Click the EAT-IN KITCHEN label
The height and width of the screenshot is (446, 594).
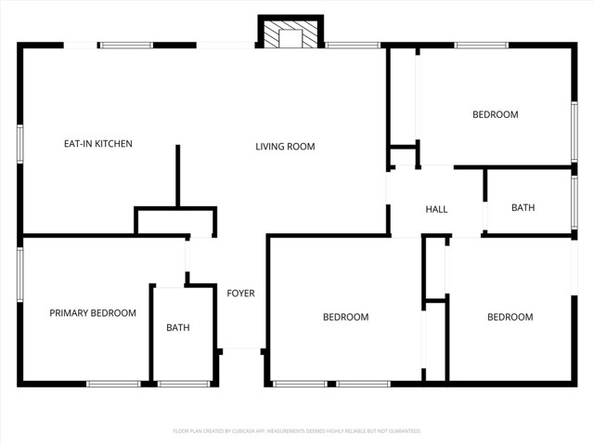pos(97,144)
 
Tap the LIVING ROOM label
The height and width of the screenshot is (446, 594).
pos(285,146)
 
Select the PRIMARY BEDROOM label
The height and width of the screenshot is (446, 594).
pos(93,313)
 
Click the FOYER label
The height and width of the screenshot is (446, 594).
pos(240,294)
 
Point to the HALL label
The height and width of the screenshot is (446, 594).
pos(436,209)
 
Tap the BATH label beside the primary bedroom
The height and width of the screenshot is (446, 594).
pos(178,328)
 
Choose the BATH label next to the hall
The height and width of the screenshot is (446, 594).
pos(523,207)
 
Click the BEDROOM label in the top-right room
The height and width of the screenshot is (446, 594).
pos(495,114)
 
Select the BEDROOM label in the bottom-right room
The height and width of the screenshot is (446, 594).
pos(510,317)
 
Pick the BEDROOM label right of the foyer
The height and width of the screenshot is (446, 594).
pos(345,317)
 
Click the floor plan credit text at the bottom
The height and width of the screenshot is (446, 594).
pos(297,431)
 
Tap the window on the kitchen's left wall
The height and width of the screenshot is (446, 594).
pos(19,144)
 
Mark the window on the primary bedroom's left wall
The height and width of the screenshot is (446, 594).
pos(19,274)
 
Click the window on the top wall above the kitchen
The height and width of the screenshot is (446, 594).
pos(127,45)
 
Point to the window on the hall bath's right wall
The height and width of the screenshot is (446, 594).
pos(575,202)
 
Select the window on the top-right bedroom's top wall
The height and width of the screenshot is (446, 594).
pos(481,45)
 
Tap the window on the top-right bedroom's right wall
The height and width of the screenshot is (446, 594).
pos(575,121)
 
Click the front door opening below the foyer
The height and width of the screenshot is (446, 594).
pos(242,350)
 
